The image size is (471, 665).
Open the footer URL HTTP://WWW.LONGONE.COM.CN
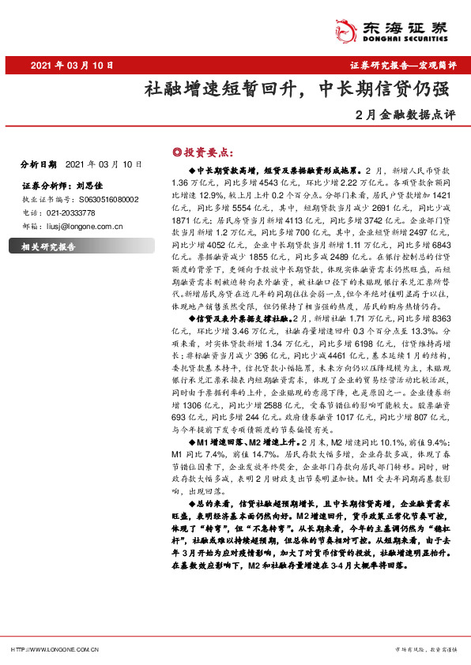coord(53,649)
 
